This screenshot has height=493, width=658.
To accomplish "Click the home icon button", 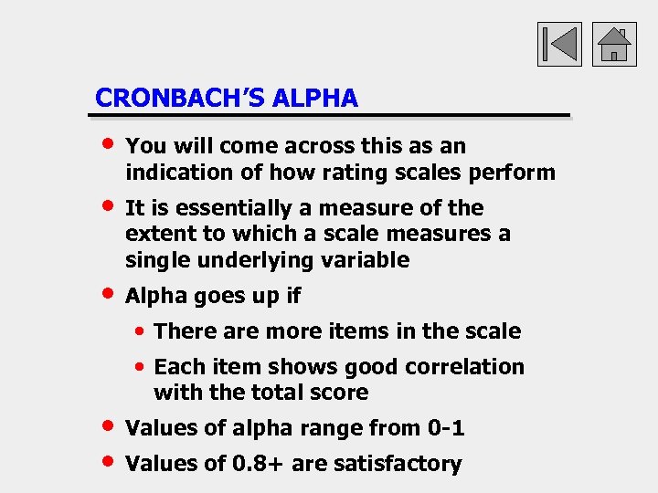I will click(x=614, y=44).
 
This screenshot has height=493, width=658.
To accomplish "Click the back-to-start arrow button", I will click(x=559, y=44).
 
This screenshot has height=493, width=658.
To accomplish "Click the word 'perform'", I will click(x=515, y=172).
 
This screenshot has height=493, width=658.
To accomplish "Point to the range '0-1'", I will click(x=445, y=427).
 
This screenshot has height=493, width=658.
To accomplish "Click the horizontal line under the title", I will click(x=329, y=116).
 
